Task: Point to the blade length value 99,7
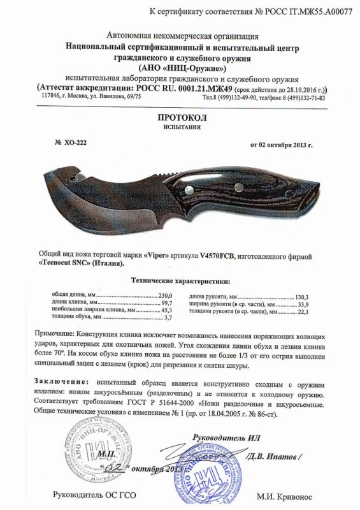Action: (x=167, y=303)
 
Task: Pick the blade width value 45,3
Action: (x=167, y=310)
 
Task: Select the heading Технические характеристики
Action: (x=180, y=280)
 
